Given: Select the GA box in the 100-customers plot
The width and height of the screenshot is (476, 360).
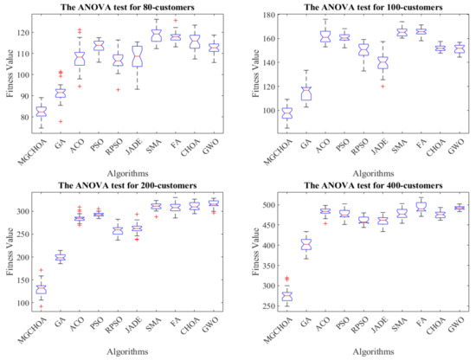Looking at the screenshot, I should (x=280, y=93).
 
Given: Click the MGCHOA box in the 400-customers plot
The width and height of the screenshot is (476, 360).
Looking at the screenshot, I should (x=261, y=296).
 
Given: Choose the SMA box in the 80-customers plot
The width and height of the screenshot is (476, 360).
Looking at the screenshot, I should (x=157, y=35).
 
